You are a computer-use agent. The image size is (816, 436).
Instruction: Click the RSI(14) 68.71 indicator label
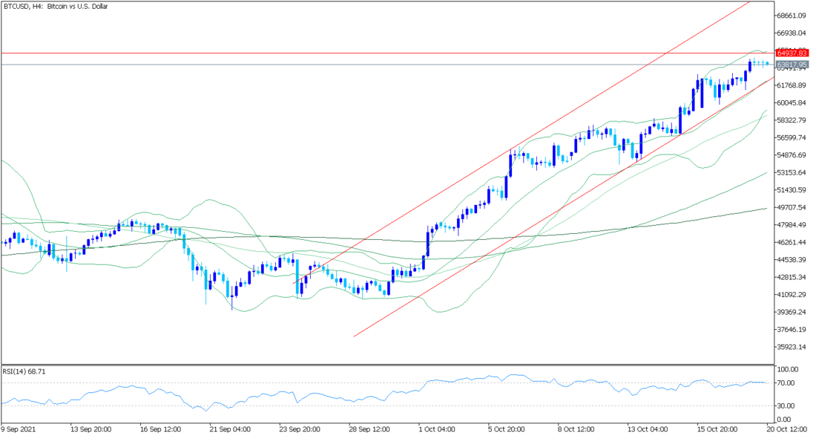click(26, 370)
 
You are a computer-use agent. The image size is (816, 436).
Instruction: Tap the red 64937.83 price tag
click(792, 53)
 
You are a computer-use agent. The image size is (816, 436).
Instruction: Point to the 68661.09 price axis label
click(792, 16)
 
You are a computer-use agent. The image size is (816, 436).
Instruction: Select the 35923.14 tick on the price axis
click(792, 347)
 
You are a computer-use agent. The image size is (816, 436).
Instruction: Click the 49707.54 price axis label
click(792, 208)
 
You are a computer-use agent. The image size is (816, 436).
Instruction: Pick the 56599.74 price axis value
click(792, 138)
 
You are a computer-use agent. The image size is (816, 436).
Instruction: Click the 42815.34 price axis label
click(792, 277)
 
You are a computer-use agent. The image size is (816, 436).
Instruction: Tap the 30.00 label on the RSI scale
click(786, 406)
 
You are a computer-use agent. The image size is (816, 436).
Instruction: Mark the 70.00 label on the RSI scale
click(786, 383)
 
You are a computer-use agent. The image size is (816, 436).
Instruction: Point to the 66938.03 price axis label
click(792, 33)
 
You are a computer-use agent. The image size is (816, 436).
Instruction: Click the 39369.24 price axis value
click(792, 312)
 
